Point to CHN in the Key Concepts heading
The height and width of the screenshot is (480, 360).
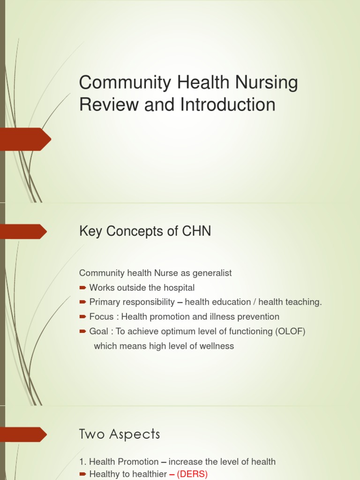(x=195, y=231)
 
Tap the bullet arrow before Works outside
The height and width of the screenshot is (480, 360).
(x=82, y=287)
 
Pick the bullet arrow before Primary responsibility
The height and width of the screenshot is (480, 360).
(x=82, y=302)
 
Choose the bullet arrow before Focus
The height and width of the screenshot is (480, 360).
(x=82, y=317)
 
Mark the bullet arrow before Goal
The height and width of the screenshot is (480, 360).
(x=82, y=332)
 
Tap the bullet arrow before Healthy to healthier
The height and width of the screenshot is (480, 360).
(x=82, y=474)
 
